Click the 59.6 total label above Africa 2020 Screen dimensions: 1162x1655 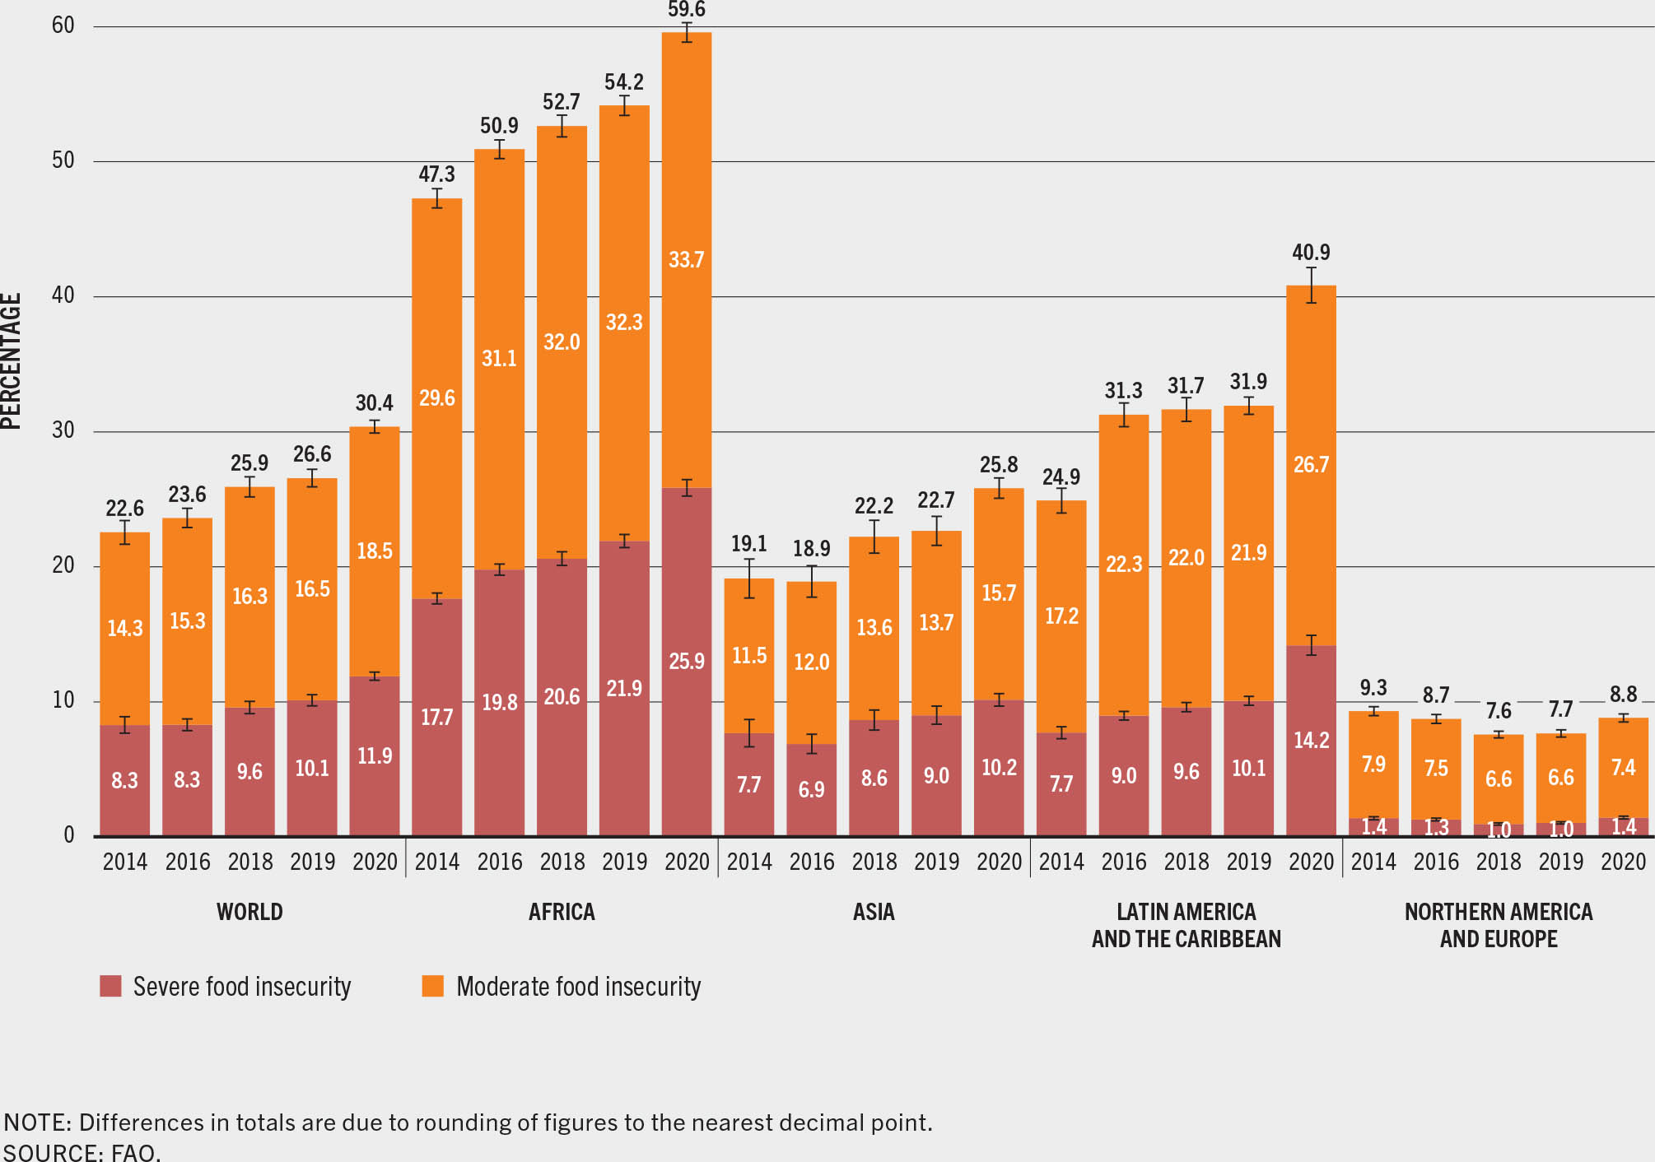click(x=686, y=10)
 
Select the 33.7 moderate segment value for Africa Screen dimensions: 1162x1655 click(x=686, y=260)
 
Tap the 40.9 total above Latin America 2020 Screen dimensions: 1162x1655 click(x=1311, y=253)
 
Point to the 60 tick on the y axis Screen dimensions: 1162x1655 click(x=63, y=26)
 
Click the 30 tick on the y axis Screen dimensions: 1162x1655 click(x=63, y=430)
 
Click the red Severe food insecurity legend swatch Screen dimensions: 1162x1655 click(x=110, y=986)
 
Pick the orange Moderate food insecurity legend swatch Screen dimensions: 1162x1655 click(x=432, y=986)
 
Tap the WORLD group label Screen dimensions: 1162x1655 click(x=249, y=912)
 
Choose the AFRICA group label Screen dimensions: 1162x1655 click(x=562, y=912)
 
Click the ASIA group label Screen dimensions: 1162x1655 click(x=874, y=912)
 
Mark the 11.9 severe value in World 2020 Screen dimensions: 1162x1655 click(x=375, y=755)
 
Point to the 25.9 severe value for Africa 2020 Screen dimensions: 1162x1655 click(x=686, y=662)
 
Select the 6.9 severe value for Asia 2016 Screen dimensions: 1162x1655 click(x=811, y=790)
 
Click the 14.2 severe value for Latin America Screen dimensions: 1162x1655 click(x=1311, y=741)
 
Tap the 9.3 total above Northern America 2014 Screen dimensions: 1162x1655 click(x=1373, y=688)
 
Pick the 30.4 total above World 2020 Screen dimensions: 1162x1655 click(x=375, y=403)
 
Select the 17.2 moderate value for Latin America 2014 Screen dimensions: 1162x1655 click(x=1061, y=616)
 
